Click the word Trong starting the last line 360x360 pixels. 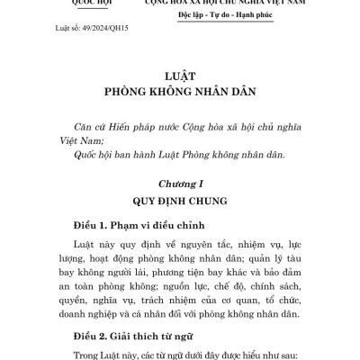(60, 354)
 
